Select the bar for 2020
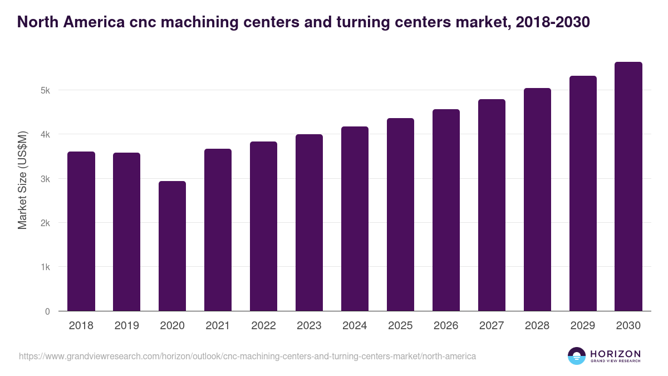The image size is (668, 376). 172,246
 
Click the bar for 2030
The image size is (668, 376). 628,187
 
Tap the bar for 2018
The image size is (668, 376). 81,231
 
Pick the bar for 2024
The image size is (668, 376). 355,219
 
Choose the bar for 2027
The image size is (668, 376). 492,205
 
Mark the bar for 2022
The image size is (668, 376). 263,226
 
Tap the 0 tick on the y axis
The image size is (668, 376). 48,311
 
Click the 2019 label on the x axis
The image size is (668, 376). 126,326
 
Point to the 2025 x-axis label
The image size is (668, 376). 400,326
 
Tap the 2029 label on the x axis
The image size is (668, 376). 583,326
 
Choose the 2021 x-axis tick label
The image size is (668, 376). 218,326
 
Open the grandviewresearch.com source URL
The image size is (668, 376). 247,356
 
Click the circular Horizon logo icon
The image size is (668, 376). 577,356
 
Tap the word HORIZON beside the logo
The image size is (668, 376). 615,354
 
